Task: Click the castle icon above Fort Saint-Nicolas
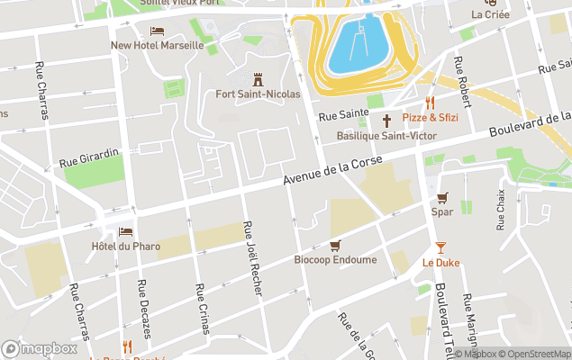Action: coord(258,78)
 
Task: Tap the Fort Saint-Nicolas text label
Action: coord(258,94)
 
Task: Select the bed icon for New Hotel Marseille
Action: coord(157,31)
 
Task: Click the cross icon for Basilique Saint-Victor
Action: coord(386,121)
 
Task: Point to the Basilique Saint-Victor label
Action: coord(386,136)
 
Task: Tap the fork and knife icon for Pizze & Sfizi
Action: coord(431,103)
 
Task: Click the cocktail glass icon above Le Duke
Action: coord(440,247)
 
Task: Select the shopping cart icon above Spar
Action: coord(441,198)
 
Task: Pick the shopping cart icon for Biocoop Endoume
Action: coord(335,245)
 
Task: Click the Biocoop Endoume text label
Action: coord(335,260)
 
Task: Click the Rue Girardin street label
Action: coord(89,157)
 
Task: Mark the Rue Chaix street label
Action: coord(501,211)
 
